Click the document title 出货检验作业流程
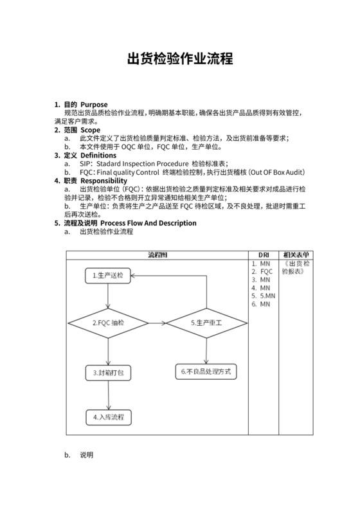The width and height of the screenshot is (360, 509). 179,59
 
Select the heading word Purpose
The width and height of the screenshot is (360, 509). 94,104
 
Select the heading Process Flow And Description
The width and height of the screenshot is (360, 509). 148,223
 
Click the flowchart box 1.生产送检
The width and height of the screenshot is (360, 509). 108,275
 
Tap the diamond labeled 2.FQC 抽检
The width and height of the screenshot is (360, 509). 109,322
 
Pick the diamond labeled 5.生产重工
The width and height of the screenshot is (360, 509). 206,322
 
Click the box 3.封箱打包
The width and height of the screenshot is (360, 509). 108,372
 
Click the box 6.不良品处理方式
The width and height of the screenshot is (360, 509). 206,371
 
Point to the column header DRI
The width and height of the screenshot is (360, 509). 264,255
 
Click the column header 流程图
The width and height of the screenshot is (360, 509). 157,255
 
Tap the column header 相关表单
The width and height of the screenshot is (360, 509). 296,255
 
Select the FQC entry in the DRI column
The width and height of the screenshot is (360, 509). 266,271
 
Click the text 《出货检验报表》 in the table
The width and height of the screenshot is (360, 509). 296,267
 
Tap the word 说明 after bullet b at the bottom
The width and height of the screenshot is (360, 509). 87,455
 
